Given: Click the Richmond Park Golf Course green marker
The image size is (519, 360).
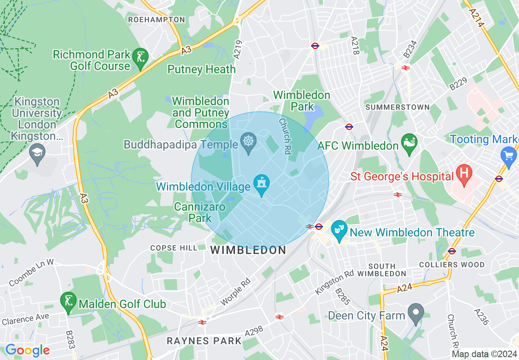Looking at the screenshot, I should [x=141, y=59].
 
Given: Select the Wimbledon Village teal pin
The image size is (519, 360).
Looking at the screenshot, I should [x=261, y=184].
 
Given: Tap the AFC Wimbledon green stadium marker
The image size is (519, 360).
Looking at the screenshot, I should [x=409, y=144].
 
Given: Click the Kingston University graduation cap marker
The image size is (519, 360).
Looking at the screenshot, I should [x=37, y=154].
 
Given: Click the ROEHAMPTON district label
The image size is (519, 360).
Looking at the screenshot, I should [x=156, y=20].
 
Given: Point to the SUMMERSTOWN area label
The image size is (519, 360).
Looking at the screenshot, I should [x=397, y=107].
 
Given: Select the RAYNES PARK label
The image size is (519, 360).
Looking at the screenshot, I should [x=204, y=341].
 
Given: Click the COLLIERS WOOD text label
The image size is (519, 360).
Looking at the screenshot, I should [x=452, y=265].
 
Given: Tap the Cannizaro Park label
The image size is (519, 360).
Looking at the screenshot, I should [x=200, y=212].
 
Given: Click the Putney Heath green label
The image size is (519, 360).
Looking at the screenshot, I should [x=201, y=70].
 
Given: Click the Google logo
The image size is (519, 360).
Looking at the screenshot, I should [x=27, y=350].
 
